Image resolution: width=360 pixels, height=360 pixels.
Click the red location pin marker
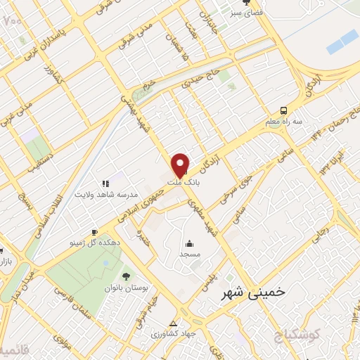(x=181, y=164)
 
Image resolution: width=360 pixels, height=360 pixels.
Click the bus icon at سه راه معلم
(x=283, y=110)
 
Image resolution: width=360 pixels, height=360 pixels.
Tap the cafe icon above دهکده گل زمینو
(x=94, y=232)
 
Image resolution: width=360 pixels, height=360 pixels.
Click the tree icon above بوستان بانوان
(x=126, y=276)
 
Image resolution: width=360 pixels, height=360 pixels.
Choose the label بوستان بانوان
(x=125, y=287)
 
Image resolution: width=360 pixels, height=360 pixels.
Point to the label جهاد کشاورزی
(x=173, y=335)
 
